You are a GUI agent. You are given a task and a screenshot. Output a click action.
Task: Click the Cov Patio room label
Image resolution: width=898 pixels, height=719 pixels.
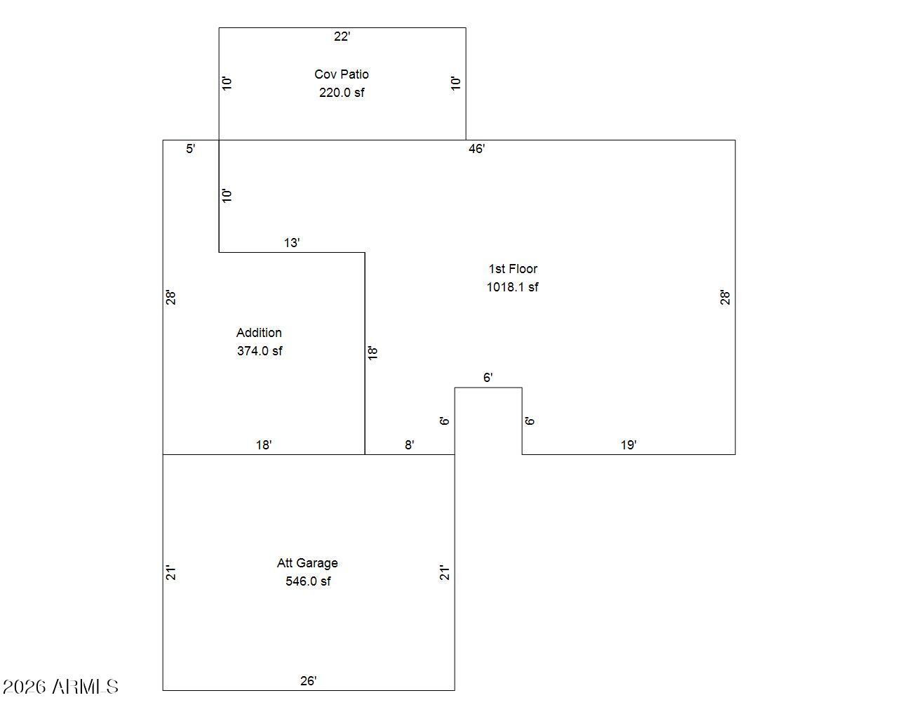pyautogui.click(x=342, y=74)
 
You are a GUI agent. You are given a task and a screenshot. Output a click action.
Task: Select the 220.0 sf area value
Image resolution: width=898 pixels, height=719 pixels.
pyautogui.click(x=342, y=92)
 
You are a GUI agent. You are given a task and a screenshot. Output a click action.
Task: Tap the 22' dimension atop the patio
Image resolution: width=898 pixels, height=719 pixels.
pyautogui.click(x=342, y=37)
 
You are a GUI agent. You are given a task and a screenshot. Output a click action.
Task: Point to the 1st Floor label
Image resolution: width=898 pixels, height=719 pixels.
pyautogui.click(x=513, y=269)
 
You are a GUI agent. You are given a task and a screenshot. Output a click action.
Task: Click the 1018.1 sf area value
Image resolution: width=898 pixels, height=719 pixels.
pyautogui.click(x=512, y=287)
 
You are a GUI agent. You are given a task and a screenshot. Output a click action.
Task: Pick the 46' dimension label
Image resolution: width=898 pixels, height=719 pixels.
pyautogui.click(x=476, y=149)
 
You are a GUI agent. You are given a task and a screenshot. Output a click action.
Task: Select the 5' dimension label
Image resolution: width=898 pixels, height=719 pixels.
pyautogui.click(x=190, y=149)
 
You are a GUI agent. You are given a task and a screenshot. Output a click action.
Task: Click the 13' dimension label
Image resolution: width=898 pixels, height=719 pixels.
pyautogui.click(x=292, y=243)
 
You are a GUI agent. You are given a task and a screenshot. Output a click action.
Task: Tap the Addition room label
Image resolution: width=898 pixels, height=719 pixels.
pyautogui.click(x=259, y=333)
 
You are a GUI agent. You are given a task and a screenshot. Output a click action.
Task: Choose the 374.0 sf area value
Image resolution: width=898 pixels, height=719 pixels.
pyautogui.click(x=260, y=351)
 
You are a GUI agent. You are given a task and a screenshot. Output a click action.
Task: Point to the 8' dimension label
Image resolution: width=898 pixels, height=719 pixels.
pyautogui.click(x=409, y=445)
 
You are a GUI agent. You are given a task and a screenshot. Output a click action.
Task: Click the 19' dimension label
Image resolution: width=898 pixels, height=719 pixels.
pyautogui.click(x=629, y=445)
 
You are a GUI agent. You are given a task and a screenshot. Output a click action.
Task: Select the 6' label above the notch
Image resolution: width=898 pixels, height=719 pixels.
pyautogui.click(x=488, y=378)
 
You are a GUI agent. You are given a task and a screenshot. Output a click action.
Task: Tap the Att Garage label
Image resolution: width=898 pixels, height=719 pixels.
pyautogui.click(x=307, y=562)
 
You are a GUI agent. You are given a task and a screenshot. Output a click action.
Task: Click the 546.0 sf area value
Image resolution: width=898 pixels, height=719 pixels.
pyautogui.click(x=308, y=581)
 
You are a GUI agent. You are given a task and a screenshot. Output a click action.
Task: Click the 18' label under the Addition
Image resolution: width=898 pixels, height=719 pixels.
pyautogui.click(x=264, y=445)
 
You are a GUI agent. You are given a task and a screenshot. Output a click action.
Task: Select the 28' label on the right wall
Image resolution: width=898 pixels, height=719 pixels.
pyautogui.click(x=725, y=298)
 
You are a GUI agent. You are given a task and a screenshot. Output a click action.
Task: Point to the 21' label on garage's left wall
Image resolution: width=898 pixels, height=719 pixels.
pyautogui.click(x=171, y=573)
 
